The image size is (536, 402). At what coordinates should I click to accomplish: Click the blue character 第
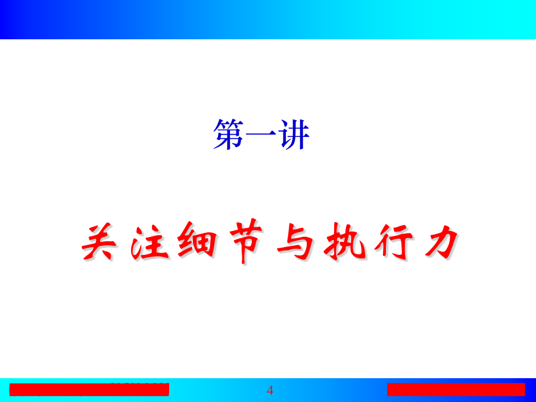click(228, 134)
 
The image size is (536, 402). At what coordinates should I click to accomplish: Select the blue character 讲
click(294, 134)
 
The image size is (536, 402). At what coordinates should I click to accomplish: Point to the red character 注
click(149, 242)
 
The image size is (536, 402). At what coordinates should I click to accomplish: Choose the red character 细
click(197, 239)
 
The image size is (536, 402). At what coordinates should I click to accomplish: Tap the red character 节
click(246, 241)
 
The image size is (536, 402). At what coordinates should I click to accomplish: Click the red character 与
click(295, 242)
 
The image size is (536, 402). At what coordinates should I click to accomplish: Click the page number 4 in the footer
click(270, 390)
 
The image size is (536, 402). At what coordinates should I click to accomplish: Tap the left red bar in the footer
click(89, 389)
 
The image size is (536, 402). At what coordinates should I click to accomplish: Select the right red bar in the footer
click(456, 389)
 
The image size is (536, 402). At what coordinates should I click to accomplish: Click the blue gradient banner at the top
click(268, 20)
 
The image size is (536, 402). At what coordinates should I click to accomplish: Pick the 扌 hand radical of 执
click(334, 241)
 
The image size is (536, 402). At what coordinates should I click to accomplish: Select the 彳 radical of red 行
click(383, 241)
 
